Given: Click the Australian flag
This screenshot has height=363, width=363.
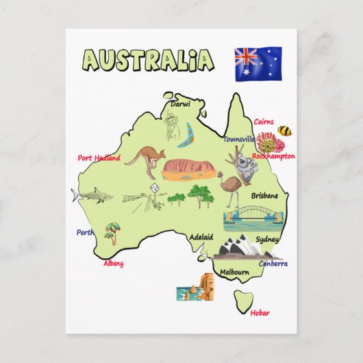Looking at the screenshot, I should click(258, 64).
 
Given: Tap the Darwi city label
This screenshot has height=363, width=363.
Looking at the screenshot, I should click(180, 105).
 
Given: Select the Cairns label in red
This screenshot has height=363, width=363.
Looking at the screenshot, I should click(264, 122).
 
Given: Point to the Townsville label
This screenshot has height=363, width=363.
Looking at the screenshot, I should click(238, 139).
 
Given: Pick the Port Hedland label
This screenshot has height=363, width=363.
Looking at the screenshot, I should click(99, 158).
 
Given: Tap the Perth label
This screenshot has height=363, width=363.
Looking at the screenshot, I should click(85, 232).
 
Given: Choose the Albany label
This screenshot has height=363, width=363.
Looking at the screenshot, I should click(114, 263).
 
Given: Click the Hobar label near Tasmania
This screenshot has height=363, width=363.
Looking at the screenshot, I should click(260, 313).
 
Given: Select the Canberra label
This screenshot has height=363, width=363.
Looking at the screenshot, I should click(273, 264).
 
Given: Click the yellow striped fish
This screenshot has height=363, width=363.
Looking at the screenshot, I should click(284, 130).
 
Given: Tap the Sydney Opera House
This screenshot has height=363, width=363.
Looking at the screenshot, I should click(237, 247).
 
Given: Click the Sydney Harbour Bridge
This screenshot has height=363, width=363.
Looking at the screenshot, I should click(253, 217).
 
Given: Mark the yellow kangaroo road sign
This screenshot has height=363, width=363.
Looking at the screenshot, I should click(155, 188).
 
